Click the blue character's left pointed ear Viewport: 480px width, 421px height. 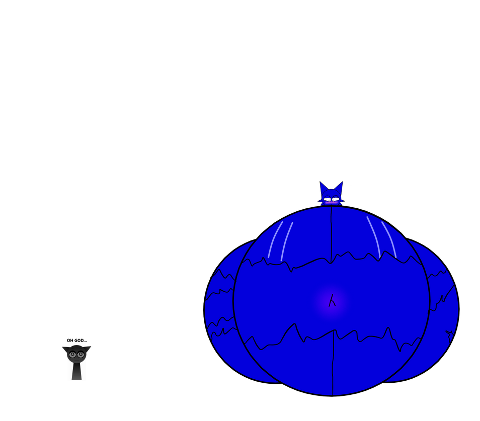tap(323, 187)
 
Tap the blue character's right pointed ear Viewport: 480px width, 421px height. tap(340, 187)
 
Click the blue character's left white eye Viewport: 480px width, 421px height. tap(328, 200)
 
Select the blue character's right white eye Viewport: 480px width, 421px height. tap(335, 200)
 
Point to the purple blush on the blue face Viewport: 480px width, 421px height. tap(331, 203)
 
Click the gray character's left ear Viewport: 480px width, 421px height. tap(64, 348)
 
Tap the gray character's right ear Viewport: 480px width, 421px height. tap(89, 347)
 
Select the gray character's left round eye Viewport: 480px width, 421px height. tap(72, 355)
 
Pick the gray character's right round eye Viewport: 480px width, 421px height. tap(81, 355)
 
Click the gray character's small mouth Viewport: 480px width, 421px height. tap(76, 360)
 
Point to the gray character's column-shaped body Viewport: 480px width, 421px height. tap(76, 372)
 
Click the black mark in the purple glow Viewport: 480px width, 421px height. tap(332, 301)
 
